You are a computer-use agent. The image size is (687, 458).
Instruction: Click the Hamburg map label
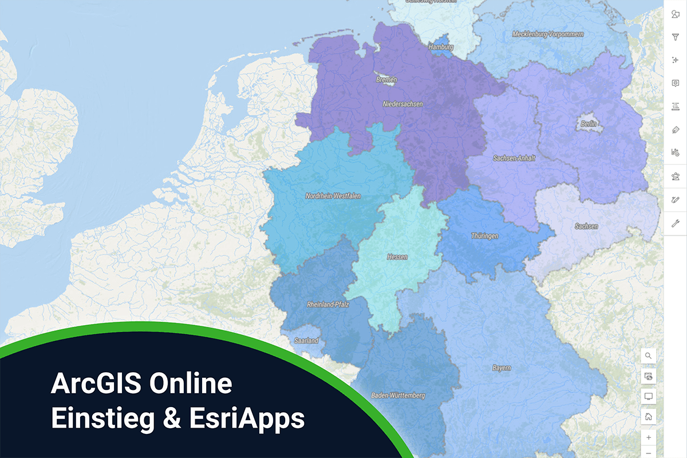click(x=441, y=47)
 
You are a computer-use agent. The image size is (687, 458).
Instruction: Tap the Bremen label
click(x=386, y=80)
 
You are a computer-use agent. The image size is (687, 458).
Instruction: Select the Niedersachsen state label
click(x=403, y=104)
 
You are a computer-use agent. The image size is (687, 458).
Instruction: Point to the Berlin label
click(x=589, y=124)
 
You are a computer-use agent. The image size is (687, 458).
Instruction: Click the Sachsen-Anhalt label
click(x=514, y=158)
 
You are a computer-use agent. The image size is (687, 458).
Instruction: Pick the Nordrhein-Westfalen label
click(x=333, y=196)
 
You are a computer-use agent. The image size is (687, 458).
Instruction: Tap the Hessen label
click(x=397, y=257)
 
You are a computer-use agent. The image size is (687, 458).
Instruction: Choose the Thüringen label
click(x=484, y=236)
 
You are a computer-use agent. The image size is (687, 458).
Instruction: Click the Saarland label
click(x=306, y=341)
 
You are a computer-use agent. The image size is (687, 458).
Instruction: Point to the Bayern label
click(x=502, y=368)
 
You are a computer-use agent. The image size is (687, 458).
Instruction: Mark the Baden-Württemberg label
click(x=398, y=396)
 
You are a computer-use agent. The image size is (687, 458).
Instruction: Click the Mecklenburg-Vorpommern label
click(x=548, y=34)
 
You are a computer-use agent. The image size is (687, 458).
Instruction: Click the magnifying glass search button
click(x=649, y=356)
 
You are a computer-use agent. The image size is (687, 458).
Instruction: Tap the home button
click(x=649, y=417)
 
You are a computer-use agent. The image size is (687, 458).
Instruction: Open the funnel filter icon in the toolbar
click(x=676, y=37)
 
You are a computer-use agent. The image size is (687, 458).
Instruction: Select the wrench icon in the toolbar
click(x=676, y=223)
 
